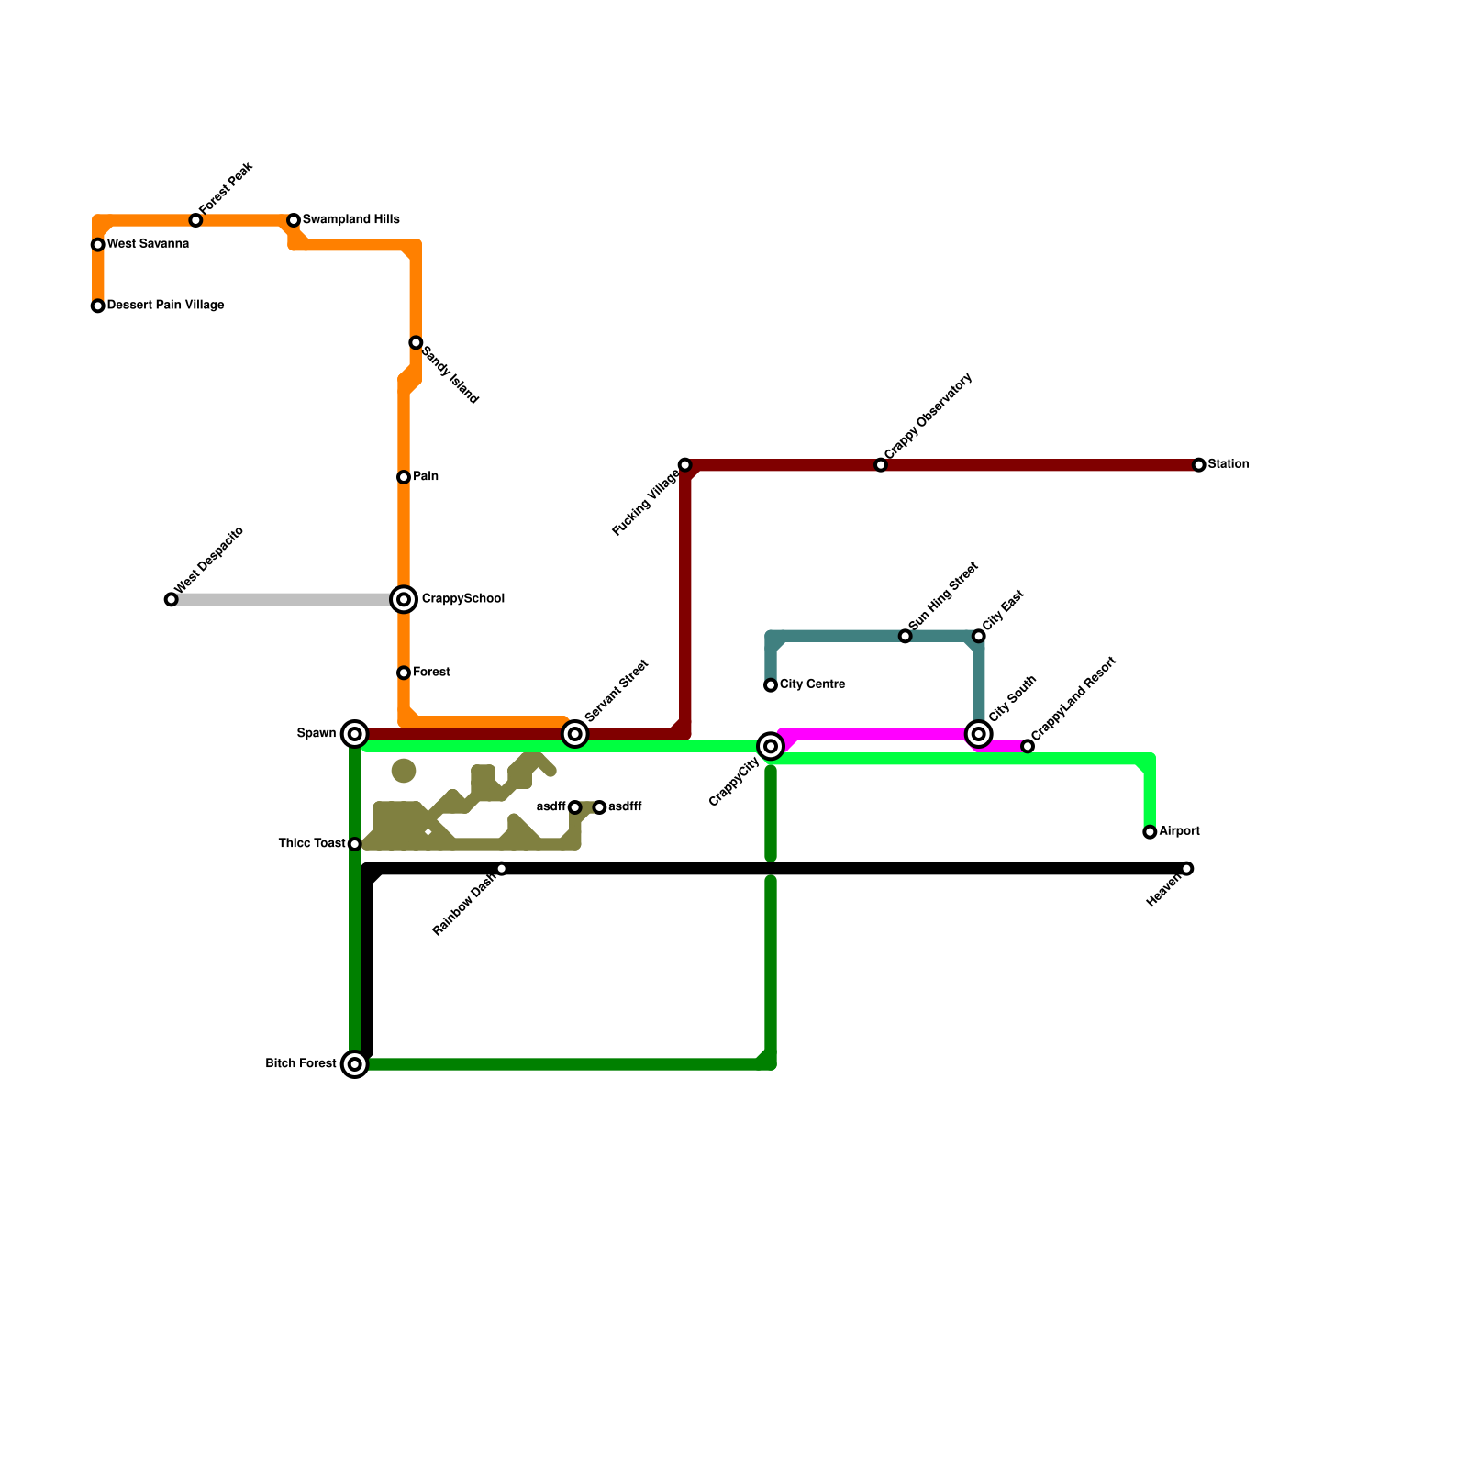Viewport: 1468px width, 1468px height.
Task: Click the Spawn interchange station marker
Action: click(355, 734)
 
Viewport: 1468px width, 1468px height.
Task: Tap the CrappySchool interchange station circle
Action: click(404, 599)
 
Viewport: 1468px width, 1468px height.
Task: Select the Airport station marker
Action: click(1150, 832)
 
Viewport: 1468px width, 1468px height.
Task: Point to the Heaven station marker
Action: click(1187, 869)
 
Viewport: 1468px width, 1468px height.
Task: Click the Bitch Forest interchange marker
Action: click(355, 1064)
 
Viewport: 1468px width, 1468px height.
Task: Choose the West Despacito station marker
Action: click(172, 600)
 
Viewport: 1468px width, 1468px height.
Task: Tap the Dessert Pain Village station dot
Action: click(98, 306)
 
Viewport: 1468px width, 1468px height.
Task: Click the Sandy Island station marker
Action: click(416, 343)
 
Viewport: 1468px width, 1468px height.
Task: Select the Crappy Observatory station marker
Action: click(881, 465)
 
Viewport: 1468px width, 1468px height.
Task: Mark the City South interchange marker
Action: click(979, 734)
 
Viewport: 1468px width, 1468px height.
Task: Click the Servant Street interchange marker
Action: click(575, 734)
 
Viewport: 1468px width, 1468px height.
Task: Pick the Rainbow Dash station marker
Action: click(501, 869)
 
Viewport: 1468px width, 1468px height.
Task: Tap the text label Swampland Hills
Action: click(350, 220)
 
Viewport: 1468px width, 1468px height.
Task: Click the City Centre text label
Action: click(812, 684)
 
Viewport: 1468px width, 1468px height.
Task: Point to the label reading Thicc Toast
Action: click(312, 844)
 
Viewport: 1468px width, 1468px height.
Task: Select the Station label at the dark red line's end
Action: click(1228, 464)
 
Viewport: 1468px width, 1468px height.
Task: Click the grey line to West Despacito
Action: click(284, 600)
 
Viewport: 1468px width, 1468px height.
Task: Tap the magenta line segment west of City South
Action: click(872, 734)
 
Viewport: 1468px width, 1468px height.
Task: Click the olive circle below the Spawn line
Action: click(404, 771)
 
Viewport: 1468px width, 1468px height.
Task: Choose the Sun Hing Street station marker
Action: click(906, 637)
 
